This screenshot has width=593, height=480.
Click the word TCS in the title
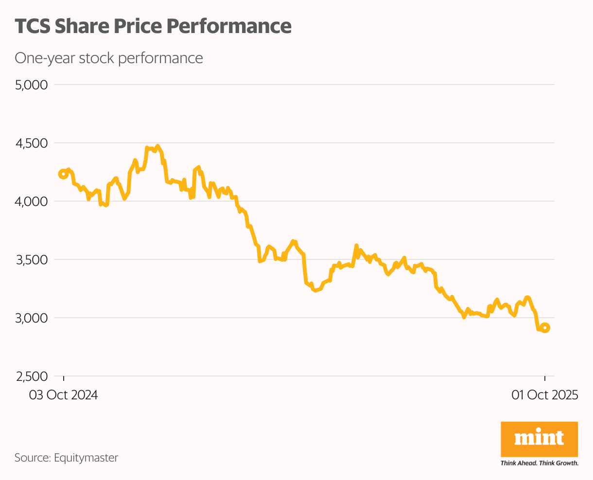pos(32,26)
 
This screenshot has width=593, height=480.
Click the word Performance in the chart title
pos(229,26)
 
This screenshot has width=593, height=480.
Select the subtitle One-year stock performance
pos(108,58)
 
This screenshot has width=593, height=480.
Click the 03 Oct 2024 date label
pos(63,395)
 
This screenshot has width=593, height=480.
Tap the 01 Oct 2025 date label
pos(544,395)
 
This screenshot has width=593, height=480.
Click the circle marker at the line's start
pos(63,174)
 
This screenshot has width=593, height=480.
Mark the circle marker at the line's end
pos(545,328)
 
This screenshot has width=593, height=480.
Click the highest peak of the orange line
pos(157,146)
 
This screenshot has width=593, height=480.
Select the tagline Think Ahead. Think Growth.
pos(539,463)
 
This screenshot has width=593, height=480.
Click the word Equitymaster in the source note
pos(86,458)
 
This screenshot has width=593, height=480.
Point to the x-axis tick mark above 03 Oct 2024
pos(63,378)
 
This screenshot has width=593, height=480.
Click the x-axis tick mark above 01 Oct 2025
pos(545,378)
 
